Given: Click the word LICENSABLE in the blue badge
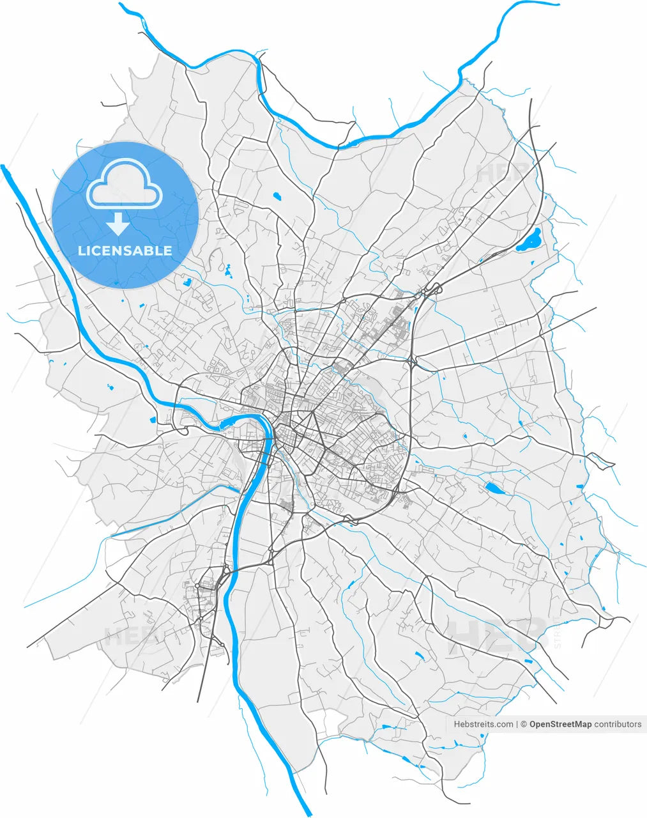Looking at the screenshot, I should tap(125, 251).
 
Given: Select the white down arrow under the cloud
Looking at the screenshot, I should tap(118, 224).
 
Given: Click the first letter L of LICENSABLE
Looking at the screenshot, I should tap(81, 251).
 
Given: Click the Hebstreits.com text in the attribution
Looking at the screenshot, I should tap(483, 724).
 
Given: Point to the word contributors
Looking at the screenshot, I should tap(618, 724).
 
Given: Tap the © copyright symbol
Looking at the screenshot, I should tap(524, 724).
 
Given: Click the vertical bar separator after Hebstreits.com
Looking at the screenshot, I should tap(517, 724).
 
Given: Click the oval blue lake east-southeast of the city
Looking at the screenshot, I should tap(494, 489).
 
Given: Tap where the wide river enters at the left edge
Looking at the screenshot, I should tap(4, 168).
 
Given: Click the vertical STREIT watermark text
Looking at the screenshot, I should tap(557, 633).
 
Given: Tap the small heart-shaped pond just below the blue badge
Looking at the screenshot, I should tap(186, 281).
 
